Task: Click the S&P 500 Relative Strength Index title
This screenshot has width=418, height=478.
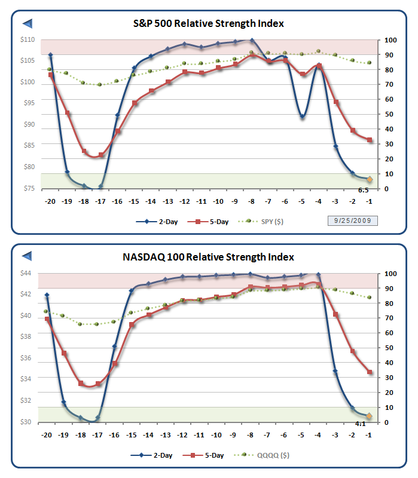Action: [x=208, y=23]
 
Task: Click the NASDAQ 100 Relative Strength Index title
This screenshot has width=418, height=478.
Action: [x=208, y=257]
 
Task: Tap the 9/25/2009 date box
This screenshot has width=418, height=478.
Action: [x=352, y=220]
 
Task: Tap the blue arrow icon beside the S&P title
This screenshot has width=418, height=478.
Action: [x=27, y=23]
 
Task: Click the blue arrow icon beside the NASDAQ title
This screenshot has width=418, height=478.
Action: [x=27, y=256]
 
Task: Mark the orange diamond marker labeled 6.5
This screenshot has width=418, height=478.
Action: [x=370, y=179]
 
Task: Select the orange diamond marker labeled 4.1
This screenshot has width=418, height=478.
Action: [x=370, y=416]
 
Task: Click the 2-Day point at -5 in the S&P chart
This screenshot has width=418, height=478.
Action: [x=303, y=117]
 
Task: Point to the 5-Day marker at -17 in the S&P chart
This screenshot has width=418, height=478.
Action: [x=101, y=155]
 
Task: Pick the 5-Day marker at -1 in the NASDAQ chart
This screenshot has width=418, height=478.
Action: [x=370, y=372]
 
